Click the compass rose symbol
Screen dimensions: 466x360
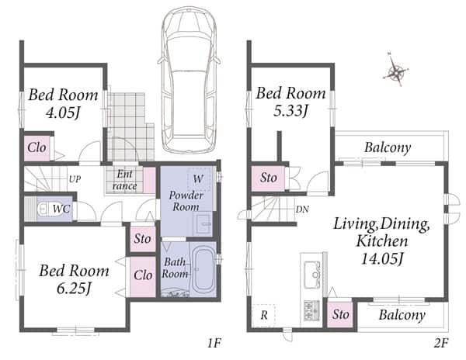point(396,71)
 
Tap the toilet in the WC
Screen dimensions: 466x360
point(44,209)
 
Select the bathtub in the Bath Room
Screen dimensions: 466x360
point(204,270)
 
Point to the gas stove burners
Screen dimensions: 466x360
point(311,310)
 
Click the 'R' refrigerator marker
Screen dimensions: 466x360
point(264,315)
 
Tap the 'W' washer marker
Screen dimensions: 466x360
point(198,178)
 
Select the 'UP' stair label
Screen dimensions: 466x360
point(75,179)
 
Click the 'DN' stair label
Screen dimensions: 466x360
point(302,209)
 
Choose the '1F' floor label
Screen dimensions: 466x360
point(214,344)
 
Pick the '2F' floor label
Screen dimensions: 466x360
point(440,344)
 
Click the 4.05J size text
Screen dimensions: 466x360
point(63,113)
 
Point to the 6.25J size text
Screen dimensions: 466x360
point(74,289)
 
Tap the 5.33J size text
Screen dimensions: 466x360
point(290,111)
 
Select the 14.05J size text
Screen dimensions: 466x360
point(382,259)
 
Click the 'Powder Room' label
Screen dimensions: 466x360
point(186,201)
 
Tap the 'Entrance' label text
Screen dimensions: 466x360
point(125,180)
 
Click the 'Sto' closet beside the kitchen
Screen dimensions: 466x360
point(341,314)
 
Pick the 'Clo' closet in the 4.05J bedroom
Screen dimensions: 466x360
point(37,147)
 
